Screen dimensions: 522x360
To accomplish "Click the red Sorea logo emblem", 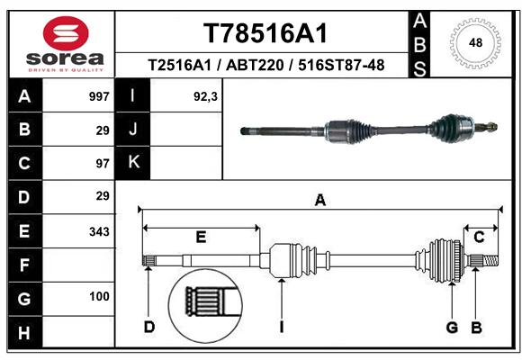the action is (x=66, y=33).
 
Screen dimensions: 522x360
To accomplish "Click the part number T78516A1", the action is (x=265, y=33).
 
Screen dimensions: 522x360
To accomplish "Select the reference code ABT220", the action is (x=255, y=65).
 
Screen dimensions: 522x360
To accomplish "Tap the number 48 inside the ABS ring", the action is (x=475, y=42).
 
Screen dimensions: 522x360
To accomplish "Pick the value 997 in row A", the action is (x=99, y=96).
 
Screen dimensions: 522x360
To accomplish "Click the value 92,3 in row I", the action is (x=205, y=96).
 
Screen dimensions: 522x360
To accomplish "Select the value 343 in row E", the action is (x=99, y=231).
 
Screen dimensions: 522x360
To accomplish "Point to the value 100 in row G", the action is (x=99, y=296).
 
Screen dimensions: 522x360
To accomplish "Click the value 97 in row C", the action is (x=103, y=164).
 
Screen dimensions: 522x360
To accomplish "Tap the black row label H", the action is (x=25, y=332).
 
